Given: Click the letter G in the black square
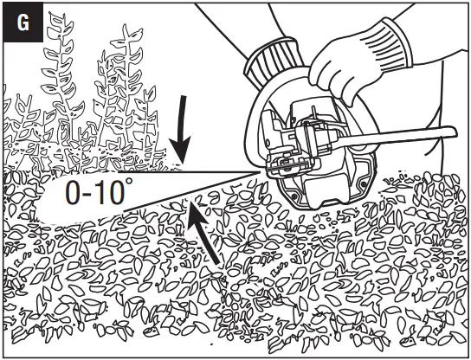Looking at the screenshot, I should pos(23,22).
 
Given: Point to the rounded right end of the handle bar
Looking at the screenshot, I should pos(451,131).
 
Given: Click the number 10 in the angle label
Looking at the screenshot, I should pos(113,194).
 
